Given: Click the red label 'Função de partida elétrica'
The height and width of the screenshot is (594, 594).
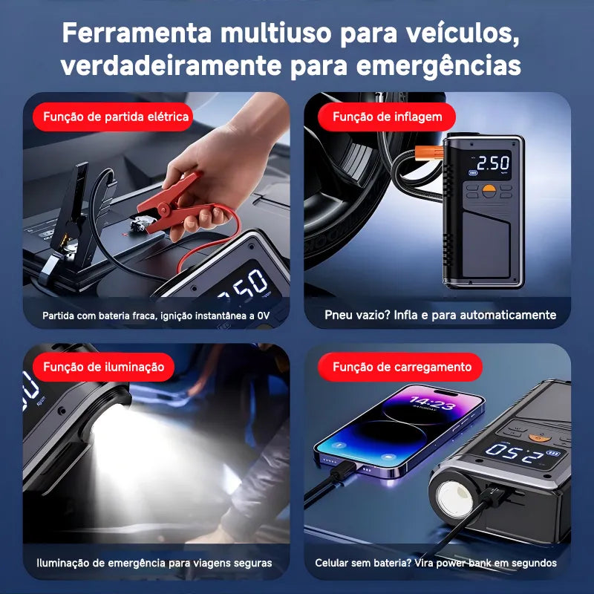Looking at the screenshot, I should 115,117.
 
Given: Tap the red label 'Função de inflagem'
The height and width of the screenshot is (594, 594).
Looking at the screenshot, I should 387,117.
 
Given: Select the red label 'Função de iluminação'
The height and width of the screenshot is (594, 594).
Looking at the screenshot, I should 103,367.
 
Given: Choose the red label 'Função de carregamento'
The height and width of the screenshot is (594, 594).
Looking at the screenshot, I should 402,367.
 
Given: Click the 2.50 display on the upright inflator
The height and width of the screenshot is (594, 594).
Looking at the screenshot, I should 492,163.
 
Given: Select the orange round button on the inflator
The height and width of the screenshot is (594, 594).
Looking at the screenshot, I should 489,191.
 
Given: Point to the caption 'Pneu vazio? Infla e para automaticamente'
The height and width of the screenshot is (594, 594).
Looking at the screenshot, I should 440,315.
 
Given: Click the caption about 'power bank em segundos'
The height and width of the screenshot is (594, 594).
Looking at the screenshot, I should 436,563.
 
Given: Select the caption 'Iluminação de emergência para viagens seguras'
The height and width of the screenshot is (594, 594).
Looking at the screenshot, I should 154,563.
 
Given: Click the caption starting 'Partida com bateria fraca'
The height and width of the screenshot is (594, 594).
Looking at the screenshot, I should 156,316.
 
